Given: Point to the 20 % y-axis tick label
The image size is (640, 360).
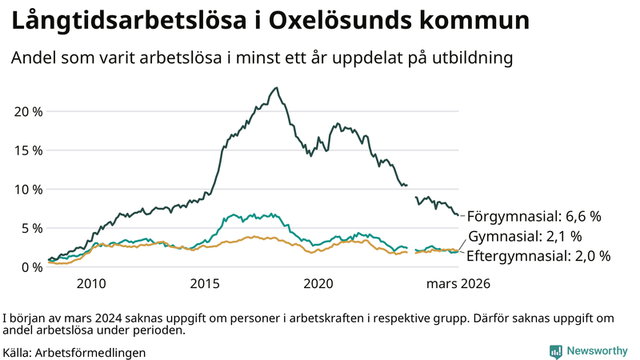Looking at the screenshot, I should [29, 110].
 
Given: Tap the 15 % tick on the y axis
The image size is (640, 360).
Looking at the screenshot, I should [29, 150].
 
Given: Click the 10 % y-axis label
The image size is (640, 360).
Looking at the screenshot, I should [29, 189].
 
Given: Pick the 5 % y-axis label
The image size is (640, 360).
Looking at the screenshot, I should [32, 228].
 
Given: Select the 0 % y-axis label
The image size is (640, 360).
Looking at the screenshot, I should [32, 266].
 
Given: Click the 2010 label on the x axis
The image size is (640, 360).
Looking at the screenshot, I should [91, 283].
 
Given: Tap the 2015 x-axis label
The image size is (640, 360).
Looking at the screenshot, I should [205, 283].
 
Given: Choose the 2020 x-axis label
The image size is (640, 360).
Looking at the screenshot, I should [318, 283].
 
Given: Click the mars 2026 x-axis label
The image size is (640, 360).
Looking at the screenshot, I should [458, 283].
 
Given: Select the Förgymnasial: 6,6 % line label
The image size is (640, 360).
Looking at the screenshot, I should [534, 216].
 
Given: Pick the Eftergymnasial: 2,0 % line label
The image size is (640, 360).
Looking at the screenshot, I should [538, 256].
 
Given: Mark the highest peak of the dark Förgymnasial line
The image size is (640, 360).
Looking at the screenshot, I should [276, 88].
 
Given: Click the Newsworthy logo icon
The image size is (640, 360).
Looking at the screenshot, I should [555, 351].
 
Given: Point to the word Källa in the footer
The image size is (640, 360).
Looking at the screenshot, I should [17, 352].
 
